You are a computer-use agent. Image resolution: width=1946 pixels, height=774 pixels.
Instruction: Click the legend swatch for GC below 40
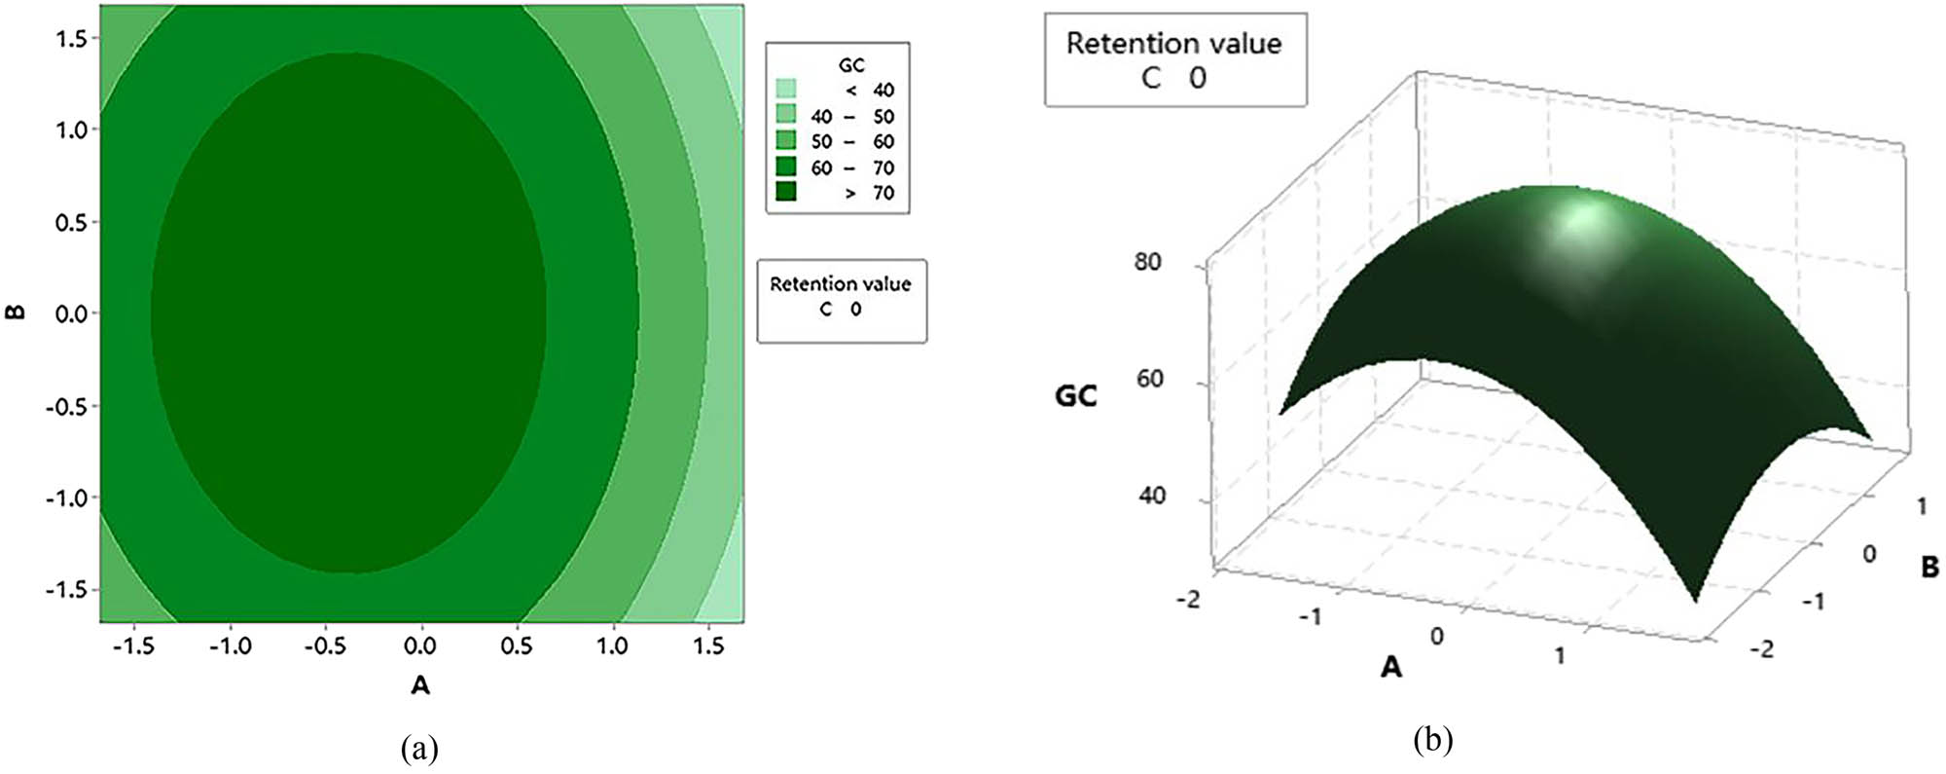point(786,90)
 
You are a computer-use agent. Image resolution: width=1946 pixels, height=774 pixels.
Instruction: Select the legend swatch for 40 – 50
point(786,115)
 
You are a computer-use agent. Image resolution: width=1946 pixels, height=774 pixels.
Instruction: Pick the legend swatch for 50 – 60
point(786,141)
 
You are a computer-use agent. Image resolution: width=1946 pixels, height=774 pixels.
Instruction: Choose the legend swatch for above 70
point(786,193)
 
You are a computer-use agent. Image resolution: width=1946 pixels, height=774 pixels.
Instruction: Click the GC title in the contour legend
point(851,65)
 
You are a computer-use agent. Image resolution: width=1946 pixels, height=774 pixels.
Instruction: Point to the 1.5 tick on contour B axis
point(72,38)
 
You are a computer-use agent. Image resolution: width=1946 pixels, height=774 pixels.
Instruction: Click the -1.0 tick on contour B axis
point(66,498)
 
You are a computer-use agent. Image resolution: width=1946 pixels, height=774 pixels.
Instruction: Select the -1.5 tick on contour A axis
point(132,646)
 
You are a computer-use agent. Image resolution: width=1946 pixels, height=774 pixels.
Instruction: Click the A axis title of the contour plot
point(420,685)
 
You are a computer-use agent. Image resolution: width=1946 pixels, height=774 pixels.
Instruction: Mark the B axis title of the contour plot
point(16,313)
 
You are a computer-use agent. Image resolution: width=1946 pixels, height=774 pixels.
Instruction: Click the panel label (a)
point(419,749)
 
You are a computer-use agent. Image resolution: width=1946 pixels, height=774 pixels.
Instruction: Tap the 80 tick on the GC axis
point(1148,262)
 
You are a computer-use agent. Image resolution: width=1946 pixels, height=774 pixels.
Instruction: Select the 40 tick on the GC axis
point(1151,496)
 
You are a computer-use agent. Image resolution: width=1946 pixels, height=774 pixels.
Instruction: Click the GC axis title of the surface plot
point(1076,395)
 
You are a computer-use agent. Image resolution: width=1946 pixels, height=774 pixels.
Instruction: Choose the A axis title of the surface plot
point(1392,667)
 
